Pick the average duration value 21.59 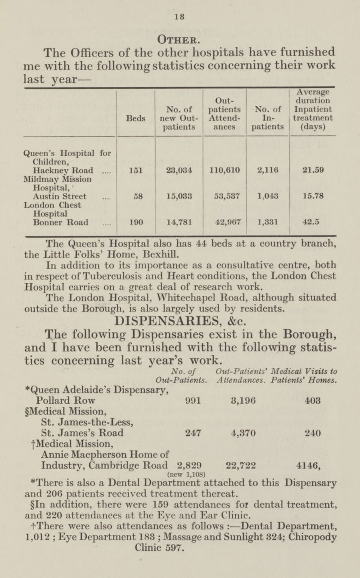tap(312, 170)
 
